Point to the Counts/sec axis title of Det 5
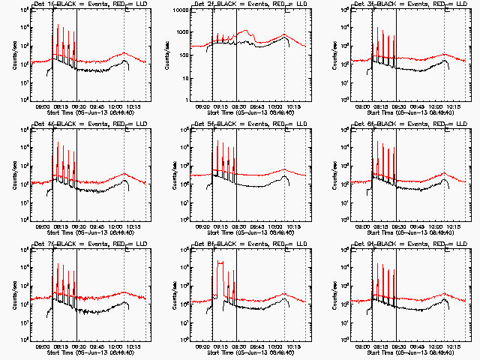174,175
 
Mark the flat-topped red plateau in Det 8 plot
220,262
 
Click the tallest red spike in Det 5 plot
218,142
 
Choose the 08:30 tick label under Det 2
239,106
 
